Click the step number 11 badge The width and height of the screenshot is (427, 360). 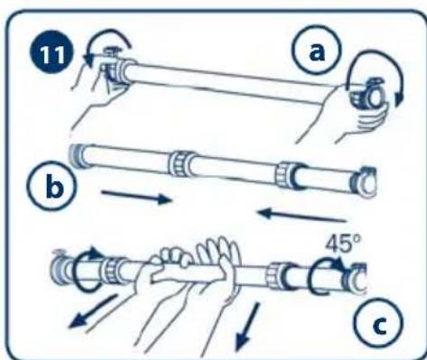[x=51, y=54]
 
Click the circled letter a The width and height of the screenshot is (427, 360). [x=317, y=50]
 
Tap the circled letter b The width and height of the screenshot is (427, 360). [x=52, y=187]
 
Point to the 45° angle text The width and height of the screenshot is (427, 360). [x=343, y=244]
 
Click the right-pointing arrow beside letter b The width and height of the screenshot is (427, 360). [x=137, y=196]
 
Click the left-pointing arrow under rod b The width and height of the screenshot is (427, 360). [x=302, y=216]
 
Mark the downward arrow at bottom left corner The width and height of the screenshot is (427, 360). [x=92, y=312]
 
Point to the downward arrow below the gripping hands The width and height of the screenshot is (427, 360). [x=247, y=327]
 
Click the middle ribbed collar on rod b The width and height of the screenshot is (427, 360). [x=180, y=163]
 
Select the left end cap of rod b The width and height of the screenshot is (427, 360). [x=76, y=155]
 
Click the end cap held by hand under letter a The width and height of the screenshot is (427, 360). [x=370, y=96]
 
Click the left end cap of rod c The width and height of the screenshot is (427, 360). [x=60, y=267]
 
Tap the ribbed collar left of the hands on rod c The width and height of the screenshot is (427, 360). [x=112, y=271]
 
